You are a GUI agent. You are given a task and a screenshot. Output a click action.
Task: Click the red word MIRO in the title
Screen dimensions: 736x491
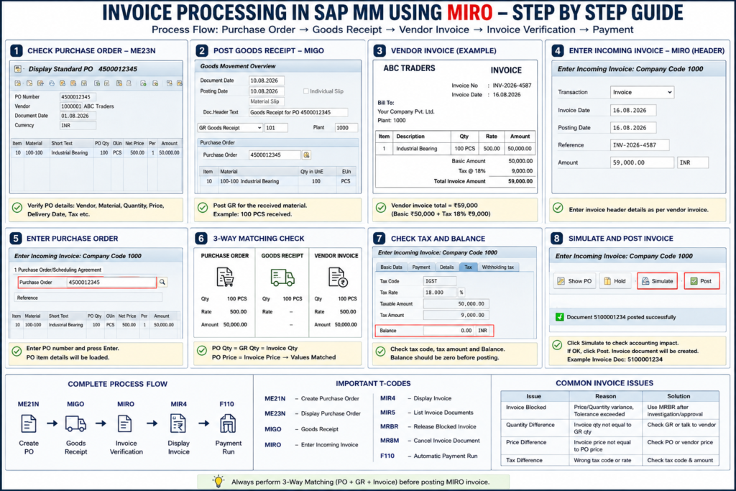coord(470,12)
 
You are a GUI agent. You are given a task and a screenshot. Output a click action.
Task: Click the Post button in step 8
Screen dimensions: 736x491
coord(701,281)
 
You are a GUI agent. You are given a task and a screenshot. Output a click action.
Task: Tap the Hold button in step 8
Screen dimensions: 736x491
coord(615,281)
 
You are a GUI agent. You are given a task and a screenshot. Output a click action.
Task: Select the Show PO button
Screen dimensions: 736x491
coord(574,281)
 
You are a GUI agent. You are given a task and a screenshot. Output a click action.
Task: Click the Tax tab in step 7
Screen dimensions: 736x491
coord(468,267)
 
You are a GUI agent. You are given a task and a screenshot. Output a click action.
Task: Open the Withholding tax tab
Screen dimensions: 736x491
coord(497,267)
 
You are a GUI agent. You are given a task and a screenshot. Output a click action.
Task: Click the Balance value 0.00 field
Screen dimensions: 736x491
coord(449,331)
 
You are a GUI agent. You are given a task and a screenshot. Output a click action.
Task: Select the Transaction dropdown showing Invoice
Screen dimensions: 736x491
coord(642,92)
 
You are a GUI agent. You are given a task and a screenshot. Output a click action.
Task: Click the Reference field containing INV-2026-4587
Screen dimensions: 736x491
coord(639,145)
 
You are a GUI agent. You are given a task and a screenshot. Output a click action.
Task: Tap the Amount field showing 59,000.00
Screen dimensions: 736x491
coord(642,162)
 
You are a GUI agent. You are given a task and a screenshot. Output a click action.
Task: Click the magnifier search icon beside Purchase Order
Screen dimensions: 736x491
coord(162,282)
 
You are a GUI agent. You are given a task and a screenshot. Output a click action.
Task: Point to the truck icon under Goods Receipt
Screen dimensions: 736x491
coord(282,277)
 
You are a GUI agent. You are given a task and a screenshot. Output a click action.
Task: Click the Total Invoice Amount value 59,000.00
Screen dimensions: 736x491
coord(520,181)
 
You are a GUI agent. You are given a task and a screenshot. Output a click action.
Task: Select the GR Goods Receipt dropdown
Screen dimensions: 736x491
coord(229,128)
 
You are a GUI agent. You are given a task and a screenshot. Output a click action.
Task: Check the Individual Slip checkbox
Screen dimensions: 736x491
coord(306,91)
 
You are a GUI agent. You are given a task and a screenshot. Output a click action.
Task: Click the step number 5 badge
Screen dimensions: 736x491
coord(16,239)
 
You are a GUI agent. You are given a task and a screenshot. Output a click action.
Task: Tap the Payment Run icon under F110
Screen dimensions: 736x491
coord(228,423)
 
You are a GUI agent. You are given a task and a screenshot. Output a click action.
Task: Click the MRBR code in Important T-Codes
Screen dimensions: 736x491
coord(389,427)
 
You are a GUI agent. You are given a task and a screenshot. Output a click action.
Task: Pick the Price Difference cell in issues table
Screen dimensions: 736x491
coord(526,442)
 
